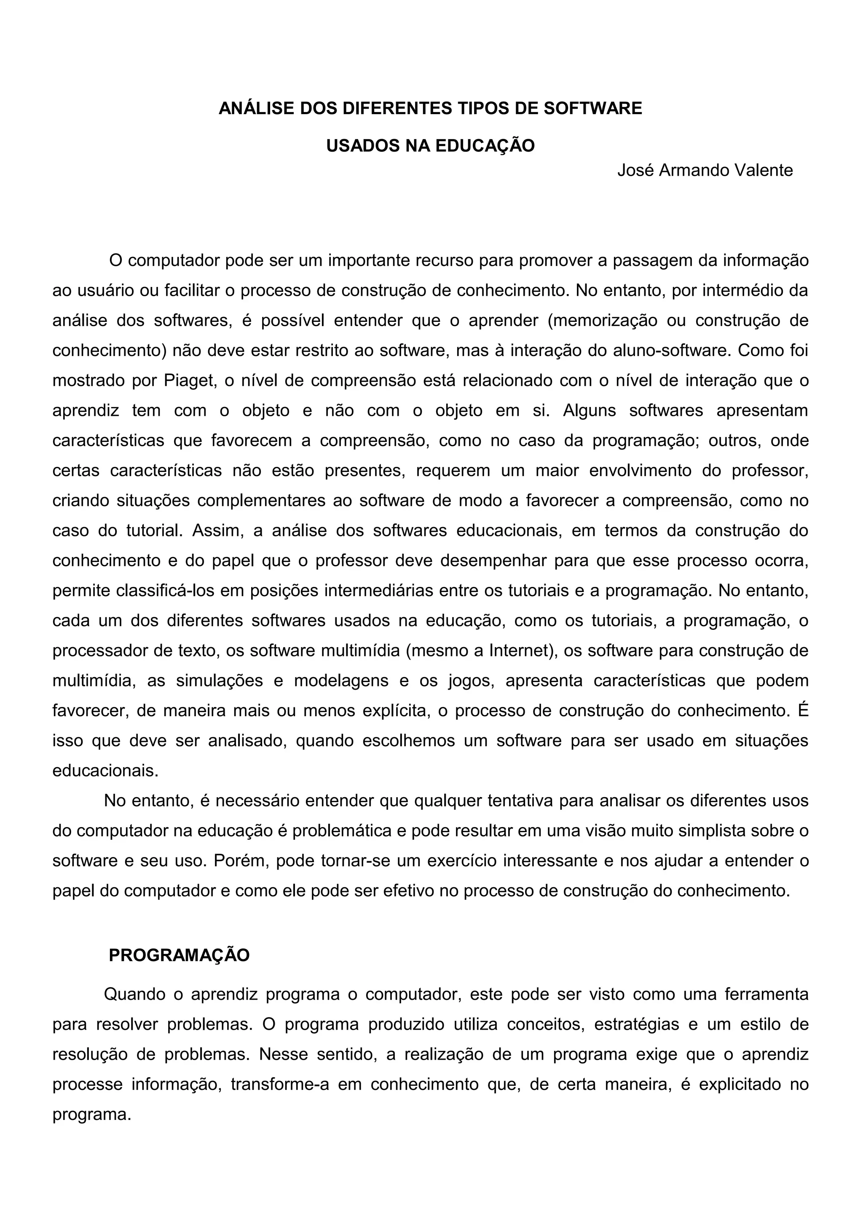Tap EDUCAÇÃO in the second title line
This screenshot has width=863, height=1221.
485,146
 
